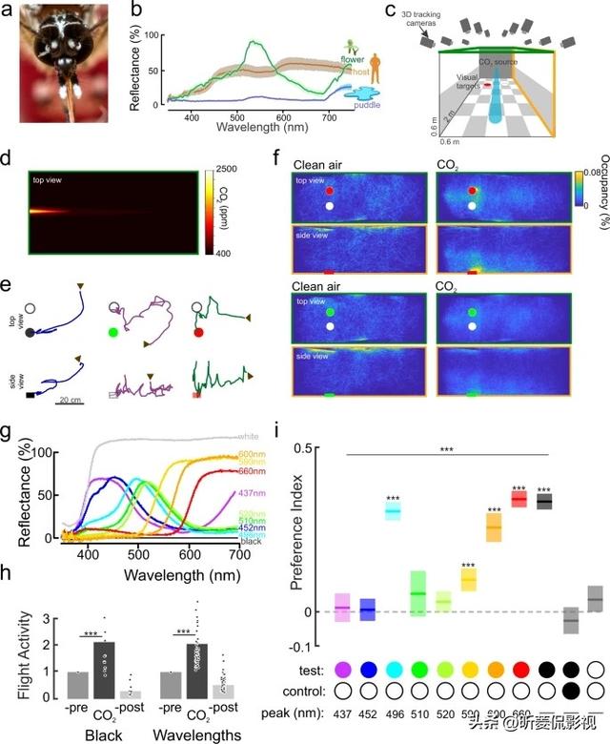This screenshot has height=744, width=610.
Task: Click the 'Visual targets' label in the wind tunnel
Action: coord(469,81)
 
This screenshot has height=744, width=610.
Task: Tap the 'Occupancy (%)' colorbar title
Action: coord(597,185)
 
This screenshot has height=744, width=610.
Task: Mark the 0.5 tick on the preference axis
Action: coord(308,448)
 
